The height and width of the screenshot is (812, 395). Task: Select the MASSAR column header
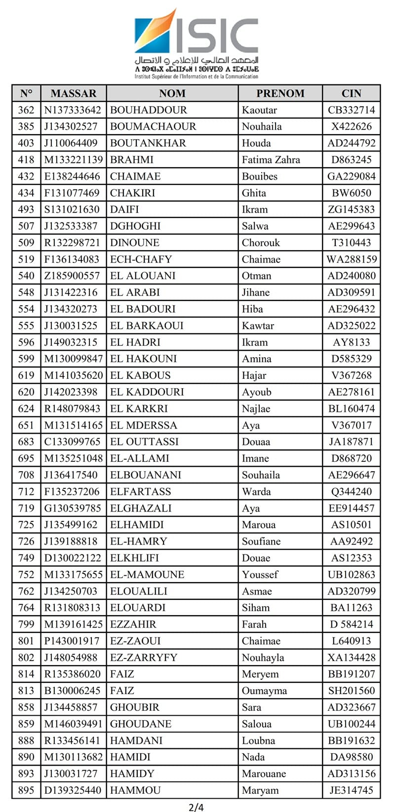tap(73, 93)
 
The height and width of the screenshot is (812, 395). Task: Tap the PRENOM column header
tap(280, 93)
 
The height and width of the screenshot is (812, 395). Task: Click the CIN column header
tap(351, 93)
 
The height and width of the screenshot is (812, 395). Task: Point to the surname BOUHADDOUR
tap(148, 110)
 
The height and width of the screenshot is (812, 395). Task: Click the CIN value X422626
tap(351, 126)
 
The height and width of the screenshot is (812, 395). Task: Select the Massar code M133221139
tap(74, 160)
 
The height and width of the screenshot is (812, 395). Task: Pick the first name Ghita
tap(254, 193)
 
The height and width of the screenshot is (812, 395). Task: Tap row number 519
tap(26, 259)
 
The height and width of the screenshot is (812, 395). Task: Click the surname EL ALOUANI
tap(143, 276)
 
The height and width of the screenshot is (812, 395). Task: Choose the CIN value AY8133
tap(351, 342)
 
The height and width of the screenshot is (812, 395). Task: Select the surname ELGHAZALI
tap(141, 508)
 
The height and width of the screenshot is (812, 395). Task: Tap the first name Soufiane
tap(261, 541)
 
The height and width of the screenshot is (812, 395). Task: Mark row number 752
tap(26, 574)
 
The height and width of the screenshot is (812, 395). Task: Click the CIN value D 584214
tap(351, 624)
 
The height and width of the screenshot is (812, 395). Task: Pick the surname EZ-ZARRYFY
tap(144, 658)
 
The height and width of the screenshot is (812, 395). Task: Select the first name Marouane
tap(264, 774)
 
